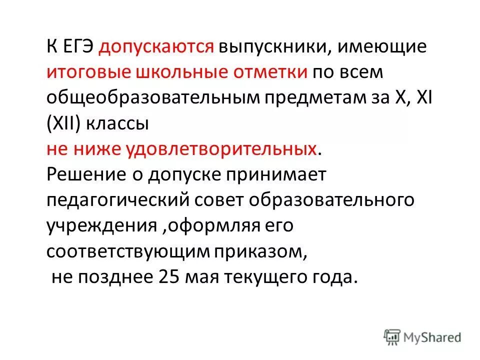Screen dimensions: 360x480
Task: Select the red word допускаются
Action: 156,48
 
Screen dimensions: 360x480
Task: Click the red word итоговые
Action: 87,72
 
